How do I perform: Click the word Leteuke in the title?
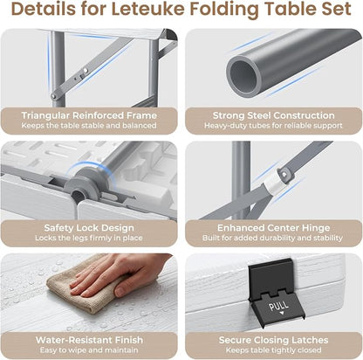tap(148, 9)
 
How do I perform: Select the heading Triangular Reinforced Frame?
tap(89, 115)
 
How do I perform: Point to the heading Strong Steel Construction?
tap(274, 115)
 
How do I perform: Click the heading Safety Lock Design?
tap(89, 227)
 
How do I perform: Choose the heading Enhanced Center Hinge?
tap(274, 227)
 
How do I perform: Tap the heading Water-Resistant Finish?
tap(89, 340)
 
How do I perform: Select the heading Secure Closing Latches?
tap(274, 340)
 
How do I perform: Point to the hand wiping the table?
tap(122, 277)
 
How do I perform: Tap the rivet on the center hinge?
tap(284, 174)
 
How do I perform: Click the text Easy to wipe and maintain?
tap(89, 350)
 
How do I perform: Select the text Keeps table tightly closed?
tap(274, 350)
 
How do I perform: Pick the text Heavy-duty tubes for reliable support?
tap(273, 126)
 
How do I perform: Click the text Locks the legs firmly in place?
tap(89, 238)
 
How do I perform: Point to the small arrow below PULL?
tap(281, 314)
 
